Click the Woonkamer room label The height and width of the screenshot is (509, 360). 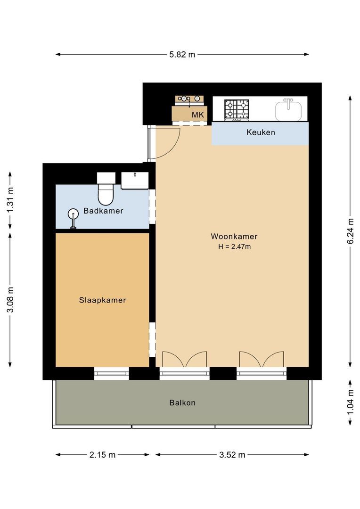[234, 236]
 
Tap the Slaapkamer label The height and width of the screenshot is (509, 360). [103, 300]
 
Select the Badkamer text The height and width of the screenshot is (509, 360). [103, 211]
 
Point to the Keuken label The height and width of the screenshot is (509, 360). [261, 132]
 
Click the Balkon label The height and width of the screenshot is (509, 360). [182, 403]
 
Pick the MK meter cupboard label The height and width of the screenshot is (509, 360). [198, 115]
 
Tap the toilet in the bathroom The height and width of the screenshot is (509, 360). [106, 188]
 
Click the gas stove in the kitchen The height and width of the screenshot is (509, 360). [237, 109]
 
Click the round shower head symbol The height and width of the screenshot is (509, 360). [73, 213]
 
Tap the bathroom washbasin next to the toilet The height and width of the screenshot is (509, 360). [135, 181]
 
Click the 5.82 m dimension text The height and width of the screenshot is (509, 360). [182, 55]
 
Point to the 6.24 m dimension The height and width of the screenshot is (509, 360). [350, 231]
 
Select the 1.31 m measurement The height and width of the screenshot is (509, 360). [10, 200]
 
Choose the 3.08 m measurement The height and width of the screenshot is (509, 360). [10, 300]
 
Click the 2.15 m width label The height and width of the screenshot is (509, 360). [103, 455]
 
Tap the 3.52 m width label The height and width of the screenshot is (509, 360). [232, 455]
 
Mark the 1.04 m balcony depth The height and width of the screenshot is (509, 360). [350, 402]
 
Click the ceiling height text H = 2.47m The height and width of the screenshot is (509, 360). [234, 246]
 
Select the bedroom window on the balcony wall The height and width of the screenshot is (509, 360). [112, 373]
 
